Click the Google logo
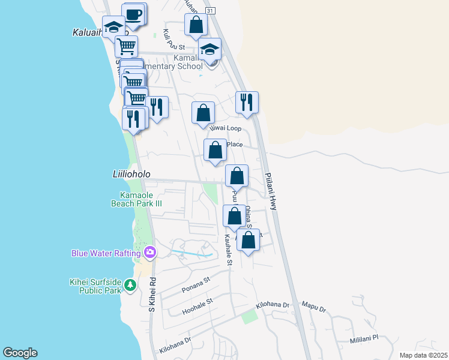pos(20,353)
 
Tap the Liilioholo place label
pos(131,174)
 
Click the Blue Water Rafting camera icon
pos(150,253)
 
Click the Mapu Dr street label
pos(313,308)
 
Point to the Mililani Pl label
pos(364,338)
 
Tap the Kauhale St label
pos(228,250)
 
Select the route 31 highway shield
pos(209,11)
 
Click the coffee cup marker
pos(134,14)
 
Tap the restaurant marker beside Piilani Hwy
pos(247,102)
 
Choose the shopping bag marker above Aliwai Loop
pos(203,112)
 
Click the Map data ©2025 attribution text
pos(423,355)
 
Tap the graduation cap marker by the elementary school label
pos(210,49)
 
